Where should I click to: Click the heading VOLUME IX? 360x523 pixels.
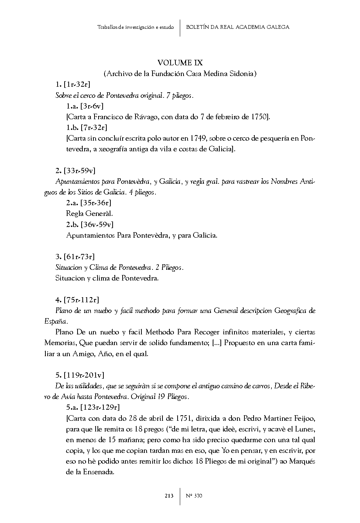click(x=180, y=63)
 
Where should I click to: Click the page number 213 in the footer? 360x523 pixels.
click(x=169, y=496)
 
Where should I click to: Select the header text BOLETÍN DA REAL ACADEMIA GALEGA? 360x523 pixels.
click(x=237, y=27)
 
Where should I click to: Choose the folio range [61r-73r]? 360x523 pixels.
click(x=79, y=257)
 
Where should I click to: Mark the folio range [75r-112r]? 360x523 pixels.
click(x=81, y=300)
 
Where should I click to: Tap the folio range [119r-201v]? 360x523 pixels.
click(x=84, y=375)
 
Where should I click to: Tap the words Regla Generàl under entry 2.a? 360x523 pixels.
click(x=89, y=213)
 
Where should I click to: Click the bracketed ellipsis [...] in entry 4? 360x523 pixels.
click(x=217, y=343)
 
